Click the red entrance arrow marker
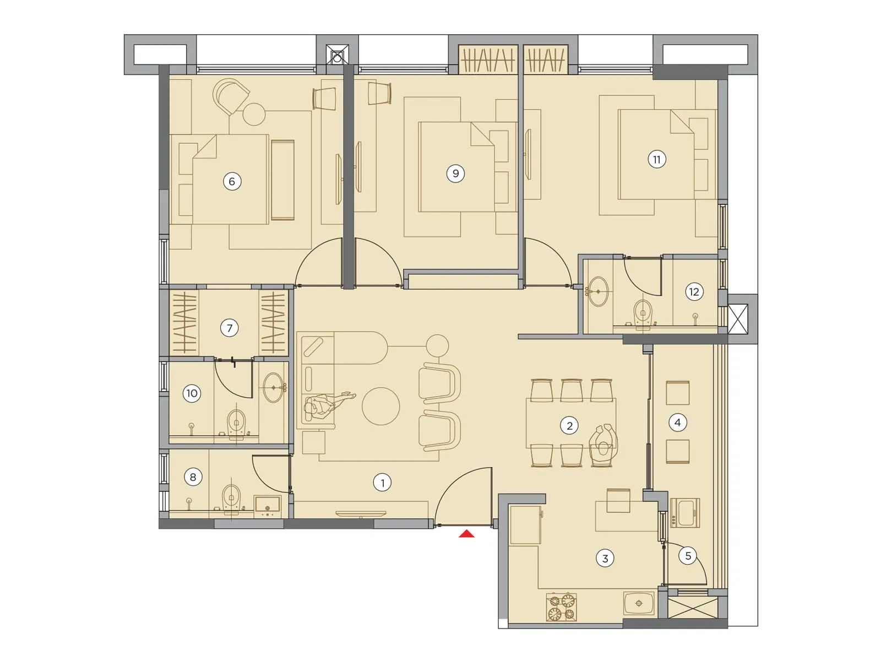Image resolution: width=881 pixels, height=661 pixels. point(467,533)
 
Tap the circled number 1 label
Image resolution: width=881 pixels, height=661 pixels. point(382,483)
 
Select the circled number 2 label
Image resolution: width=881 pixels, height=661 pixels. point(569,425)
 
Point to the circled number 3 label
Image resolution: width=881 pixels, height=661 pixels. point(605,559)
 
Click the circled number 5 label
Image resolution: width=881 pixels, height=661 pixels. point(688,556)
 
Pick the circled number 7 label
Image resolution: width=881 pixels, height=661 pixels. point(230,328)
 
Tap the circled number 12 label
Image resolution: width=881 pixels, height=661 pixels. point(694,292)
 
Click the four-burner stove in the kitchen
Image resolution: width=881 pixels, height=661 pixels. point(561,606)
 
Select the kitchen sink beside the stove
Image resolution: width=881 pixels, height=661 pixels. point(639,603)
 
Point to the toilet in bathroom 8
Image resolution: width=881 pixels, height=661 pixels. point(232,498)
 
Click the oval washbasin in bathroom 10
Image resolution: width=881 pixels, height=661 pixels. point(274,387)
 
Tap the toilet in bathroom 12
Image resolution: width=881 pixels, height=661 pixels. point(643,312)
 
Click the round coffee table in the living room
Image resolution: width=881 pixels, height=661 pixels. point(380,407)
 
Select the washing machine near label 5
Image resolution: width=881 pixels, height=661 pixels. point(685,513)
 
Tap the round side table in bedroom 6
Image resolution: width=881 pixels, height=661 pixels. point(254,114)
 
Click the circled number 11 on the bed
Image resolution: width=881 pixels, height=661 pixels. point(656,160)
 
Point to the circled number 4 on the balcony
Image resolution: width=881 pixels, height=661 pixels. point(677,422)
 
